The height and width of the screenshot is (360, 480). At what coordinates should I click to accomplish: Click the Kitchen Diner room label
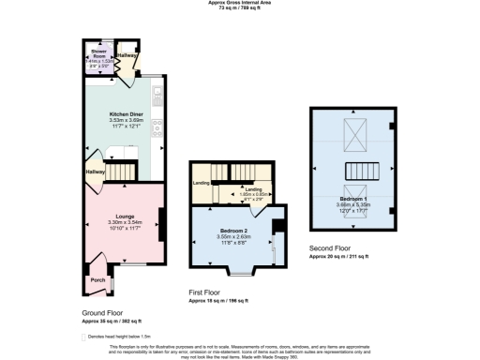click(126, 112)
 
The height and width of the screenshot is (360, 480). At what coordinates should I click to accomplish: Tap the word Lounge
click(124, 215)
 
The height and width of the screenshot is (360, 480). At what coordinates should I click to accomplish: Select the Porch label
click(97, 279)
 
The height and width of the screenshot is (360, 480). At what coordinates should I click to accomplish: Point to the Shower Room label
click(97, 53)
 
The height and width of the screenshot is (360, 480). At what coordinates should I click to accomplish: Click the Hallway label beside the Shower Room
click(127, 56)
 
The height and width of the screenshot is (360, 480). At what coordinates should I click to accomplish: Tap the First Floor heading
click(210, 294)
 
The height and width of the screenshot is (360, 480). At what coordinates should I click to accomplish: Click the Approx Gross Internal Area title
click(239, 3)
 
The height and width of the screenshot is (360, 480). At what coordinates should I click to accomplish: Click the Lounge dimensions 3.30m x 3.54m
click(124, 222)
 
